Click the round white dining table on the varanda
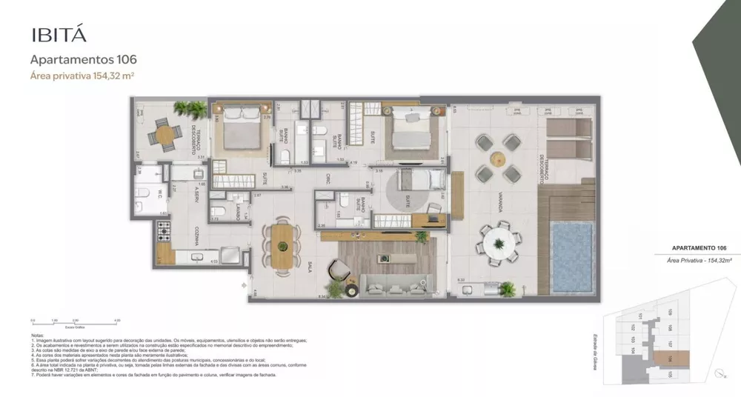tap(499, 242)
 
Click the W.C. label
tap(159, 194)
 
